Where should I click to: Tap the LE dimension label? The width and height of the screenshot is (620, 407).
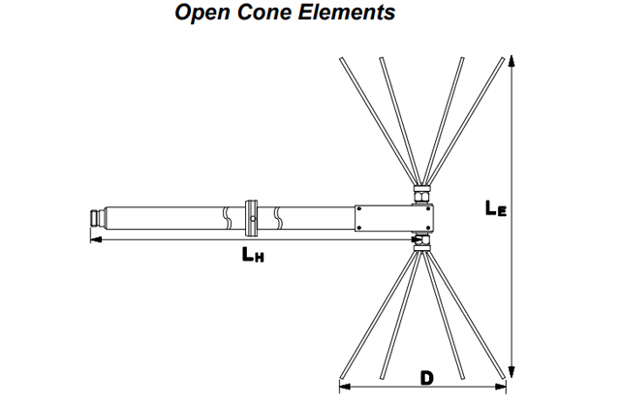tap(494, 207)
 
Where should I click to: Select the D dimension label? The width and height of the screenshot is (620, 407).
tap(426, 377)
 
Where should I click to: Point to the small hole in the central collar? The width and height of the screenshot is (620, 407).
tap(252, 218)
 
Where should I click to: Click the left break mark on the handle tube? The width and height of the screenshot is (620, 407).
tap(226, 216)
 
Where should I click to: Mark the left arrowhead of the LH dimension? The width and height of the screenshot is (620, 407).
tap(94, 237)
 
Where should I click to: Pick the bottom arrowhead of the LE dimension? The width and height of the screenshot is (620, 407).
tap(511, 372)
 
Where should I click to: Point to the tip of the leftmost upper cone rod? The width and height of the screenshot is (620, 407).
tap(340, 59)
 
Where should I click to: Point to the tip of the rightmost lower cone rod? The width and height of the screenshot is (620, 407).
tap(507, 377)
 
